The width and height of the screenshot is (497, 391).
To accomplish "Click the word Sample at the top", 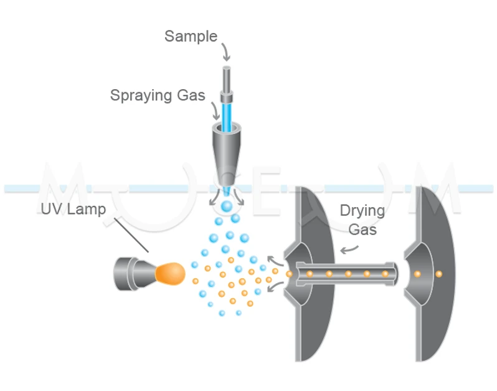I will tap(191, 36).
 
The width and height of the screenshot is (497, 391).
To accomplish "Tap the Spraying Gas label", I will tap(158, 95).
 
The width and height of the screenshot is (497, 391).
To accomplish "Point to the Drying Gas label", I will tap(362, 220).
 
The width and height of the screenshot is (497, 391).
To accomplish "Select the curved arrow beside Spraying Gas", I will tap(215, 111).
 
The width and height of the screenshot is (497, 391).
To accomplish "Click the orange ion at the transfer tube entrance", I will tap(289, 273).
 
